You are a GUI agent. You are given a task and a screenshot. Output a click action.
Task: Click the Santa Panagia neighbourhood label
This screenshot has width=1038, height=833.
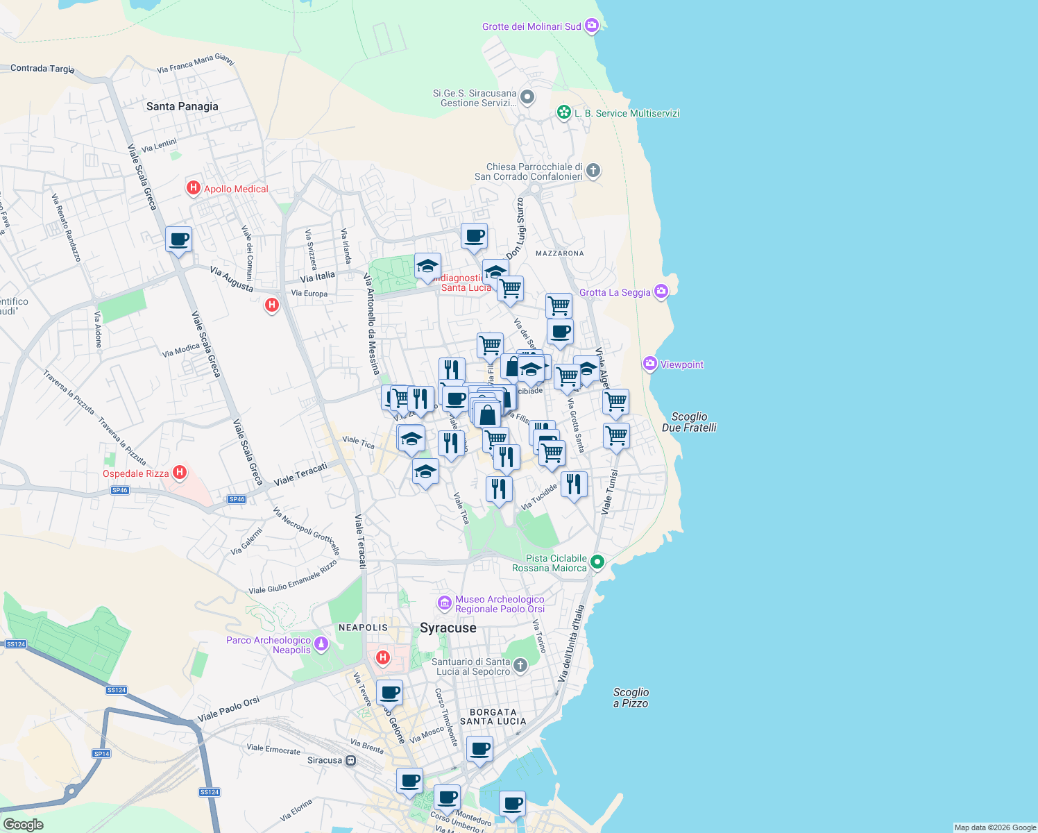click(182, 106)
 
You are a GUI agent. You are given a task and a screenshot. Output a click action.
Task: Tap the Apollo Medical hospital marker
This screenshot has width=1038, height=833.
click(194, 188)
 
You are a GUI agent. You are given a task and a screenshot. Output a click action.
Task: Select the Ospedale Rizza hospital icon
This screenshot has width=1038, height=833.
click(180, 473)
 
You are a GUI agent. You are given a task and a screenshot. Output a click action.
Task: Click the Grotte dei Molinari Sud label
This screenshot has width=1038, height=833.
click(531, 26)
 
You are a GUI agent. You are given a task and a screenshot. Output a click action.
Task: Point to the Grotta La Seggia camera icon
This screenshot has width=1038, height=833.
click(661, 292)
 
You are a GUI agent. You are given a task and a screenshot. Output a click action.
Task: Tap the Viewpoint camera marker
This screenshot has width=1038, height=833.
click(650, 364)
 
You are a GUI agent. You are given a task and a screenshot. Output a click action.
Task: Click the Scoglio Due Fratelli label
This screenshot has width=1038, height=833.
click(688, 422)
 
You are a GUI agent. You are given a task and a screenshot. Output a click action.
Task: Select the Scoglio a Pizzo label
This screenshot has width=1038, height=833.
click(631, 698)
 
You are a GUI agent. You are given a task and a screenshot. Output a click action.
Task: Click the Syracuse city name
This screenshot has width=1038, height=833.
click(448, 628)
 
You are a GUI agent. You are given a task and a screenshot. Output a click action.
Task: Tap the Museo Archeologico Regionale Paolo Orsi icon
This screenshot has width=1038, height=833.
click(444, 604)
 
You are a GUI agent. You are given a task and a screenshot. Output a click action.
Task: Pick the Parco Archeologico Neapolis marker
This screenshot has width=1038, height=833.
click(321, 645)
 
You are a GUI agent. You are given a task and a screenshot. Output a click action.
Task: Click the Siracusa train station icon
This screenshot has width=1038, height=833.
click(351, 760)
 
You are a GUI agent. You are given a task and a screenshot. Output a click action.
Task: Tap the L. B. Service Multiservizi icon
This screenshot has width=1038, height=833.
click(564, 112)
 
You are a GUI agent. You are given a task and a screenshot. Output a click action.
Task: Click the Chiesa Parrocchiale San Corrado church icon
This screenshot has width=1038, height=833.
click(593, 171)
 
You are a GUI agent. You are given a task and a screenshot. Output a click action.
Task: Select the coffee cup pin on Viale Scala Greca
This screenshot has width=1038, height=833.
click(179, 239)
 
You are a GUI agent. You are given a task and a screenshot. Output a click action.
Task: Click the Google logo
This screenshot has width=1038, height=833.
click(23, 825)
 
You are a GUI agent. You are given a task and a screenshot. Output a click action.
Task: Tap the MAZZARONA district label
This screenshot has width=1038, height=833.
click(559, 253)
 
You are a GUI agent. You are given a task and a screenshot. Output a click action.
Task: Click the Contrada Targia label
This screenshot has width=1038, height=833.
click(42, 68)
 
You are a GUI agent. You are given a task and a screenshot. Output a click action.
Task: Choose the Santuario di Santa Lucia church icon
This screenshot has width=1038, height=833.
click(520, 666)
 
